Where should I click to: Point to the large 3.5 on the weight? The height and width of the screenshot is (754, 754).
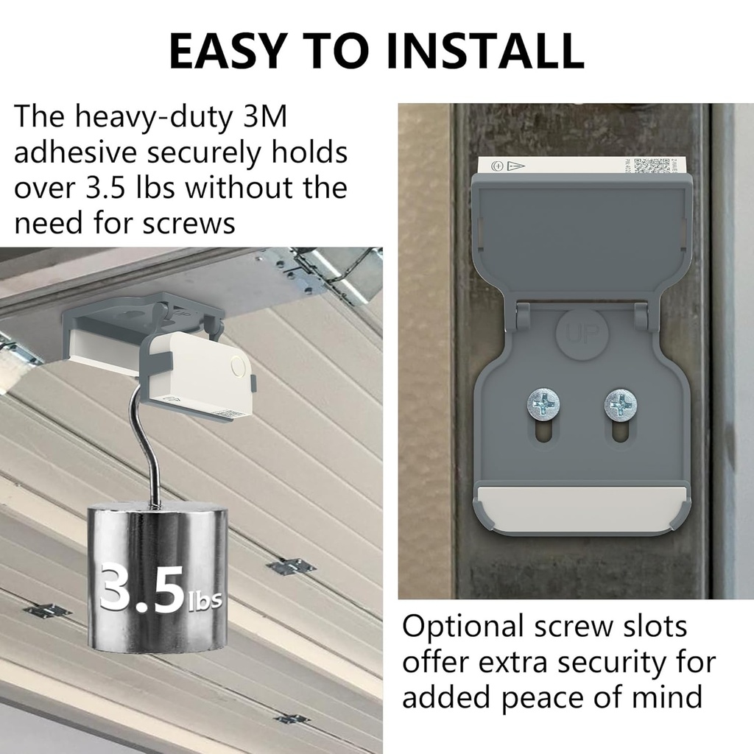point(141,587)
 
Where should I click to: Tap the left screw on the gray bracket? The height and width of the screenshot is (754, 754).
point(543,404)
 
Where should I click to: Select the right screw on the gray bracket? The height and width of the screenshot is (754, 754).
point(621,404)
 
